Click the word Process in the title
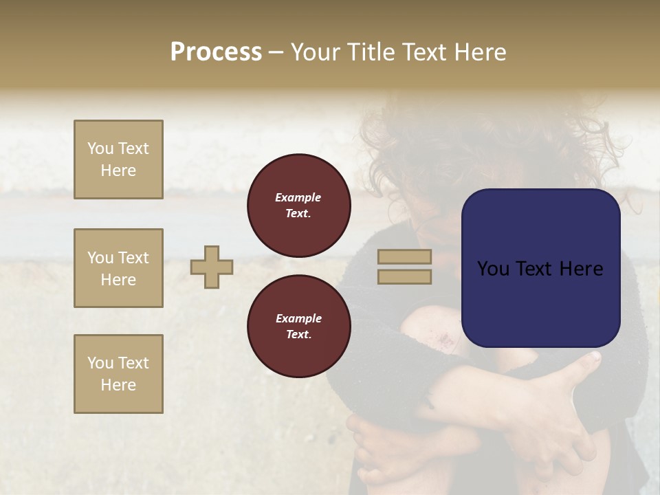tap(216, 52)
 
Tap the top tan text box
tap(118, 159)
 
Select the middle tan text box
tap(118, 268)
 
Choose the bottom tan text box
tap(118, 374)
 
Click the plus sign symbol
tap(212, 267)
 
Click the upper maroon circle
tap(298, 205)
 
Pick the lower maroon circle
tap(298, 326)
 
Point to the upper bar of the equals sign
tap(404, 257)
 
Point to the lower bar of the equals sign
tap(404, 276)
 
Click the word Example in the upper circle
tap(298, 197)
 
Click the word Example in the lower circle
tap(298, 318)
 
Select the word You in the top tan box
tap(100, 148)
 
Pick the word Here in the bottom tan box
tap(118, 385)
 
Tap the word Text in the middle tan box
tap(133, 258)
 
